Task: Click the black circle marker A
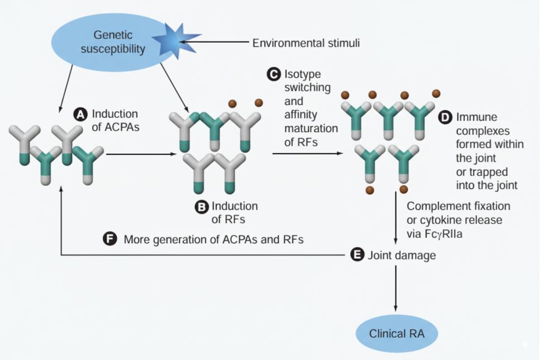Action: click(80, 114)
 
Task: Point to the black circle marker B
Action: click(201, 207)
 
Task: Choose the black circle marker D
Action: click(446, 118)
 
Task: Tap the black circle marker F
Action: click(110, 239)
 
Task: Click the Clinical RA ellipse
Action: click(397, 334)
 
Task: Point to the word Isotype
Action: click(303, 74)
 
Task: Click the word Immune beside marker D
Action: click(476, 118)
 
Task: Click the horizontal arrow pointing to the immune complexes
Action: click(308, 153)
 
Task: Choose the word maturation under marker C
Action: click(310, 129)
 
